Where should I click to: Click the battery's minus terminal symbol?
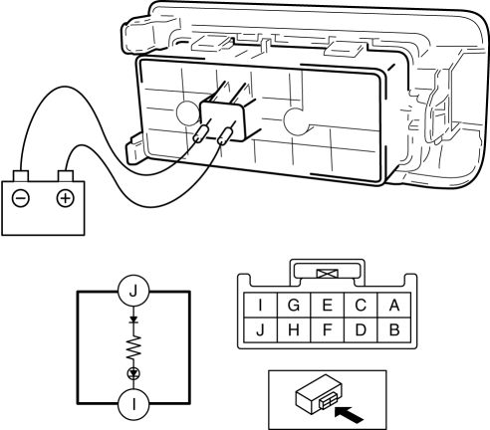click(21, 198)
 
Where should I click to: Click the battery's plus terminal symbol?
click(66, 198)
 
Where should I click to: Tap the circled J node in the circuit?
click(133, 291)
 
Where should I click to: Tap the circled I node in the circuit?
click(133, 404)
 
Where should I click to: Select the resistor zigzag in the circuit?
click(133, 346)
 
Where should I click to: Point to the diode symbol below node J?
click(133, 320)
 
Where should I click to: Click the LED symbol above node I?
click(133, 374)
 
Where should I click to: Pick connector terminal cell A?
click(394, 305)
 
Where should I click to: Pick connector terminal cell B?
click(394, 329)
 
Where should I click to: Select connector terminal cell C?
click(361, 305)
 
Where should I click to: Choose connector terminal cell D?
click(361, 329)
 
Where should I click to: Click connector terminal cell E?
click(328, 305)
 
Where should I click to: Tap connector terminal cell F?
click(328, 329)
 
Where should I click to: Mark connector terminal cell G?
click(294, 305)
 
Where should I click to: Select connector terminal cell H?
click(294, 329)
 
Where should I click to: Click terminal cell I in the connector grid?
click(261, 305)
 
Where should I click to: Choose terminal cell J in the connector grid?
click(261, 329)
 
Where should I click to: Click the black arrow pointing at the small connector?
click(349, 415)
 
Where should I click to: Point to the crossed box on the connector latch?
click(328, 274)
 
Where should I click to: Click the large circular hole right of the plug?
click(297, 121)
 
